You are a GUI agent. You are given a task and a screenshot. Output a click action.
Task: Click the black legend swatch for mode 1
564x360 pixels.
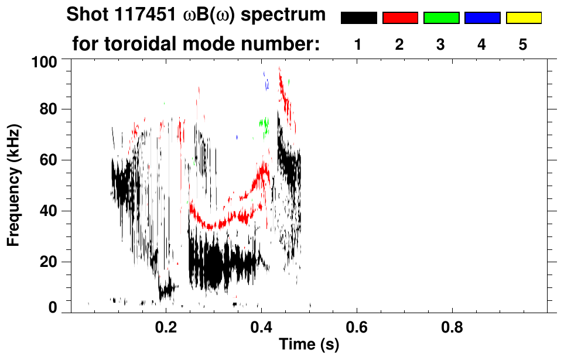click(358, 18)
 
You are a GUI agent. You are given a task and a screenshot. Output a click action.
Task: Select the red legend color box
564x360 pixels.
click(400, 18)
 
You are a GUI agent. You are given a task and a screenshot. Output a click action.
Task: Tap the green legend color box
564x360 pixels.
click(441, 18)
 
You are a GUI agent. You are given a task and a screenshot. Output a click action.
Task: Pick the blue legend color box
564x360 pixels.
click(482, 18)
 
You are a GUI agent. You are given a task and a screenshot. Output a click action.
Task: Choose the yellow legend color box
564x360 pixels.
click(524, 18)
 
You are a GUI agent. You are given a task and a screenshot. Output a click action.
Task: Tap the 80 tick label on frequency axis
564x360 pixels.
click(51, 109)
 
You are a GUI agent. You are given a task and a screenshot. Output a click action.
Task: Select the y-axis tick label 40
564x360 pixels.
click(51, 211)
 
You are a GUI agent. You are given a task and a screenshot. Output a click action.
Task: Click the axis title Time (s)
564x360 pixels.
click(309, 345)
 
